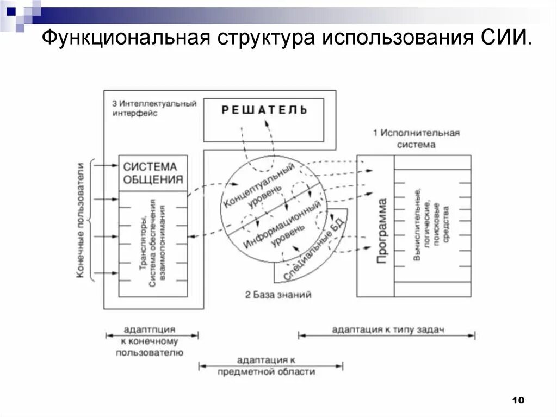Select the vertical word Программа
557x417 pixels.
pyautogui.click(x=382, y=232)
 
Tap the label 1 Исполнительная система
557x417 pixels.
pyautogui.click(x=416, y=139)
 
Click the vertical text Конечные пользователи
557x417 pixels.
pyautogui.click(x=80, y=220)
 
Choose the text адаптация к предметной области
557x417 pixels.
pyautogui.click(x=266, y=366)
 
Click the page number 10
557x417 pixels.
pyautogui.click(x=517, y=401)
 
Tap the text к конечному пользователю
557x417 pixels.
pyautogui.click(x=150, y=347)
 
